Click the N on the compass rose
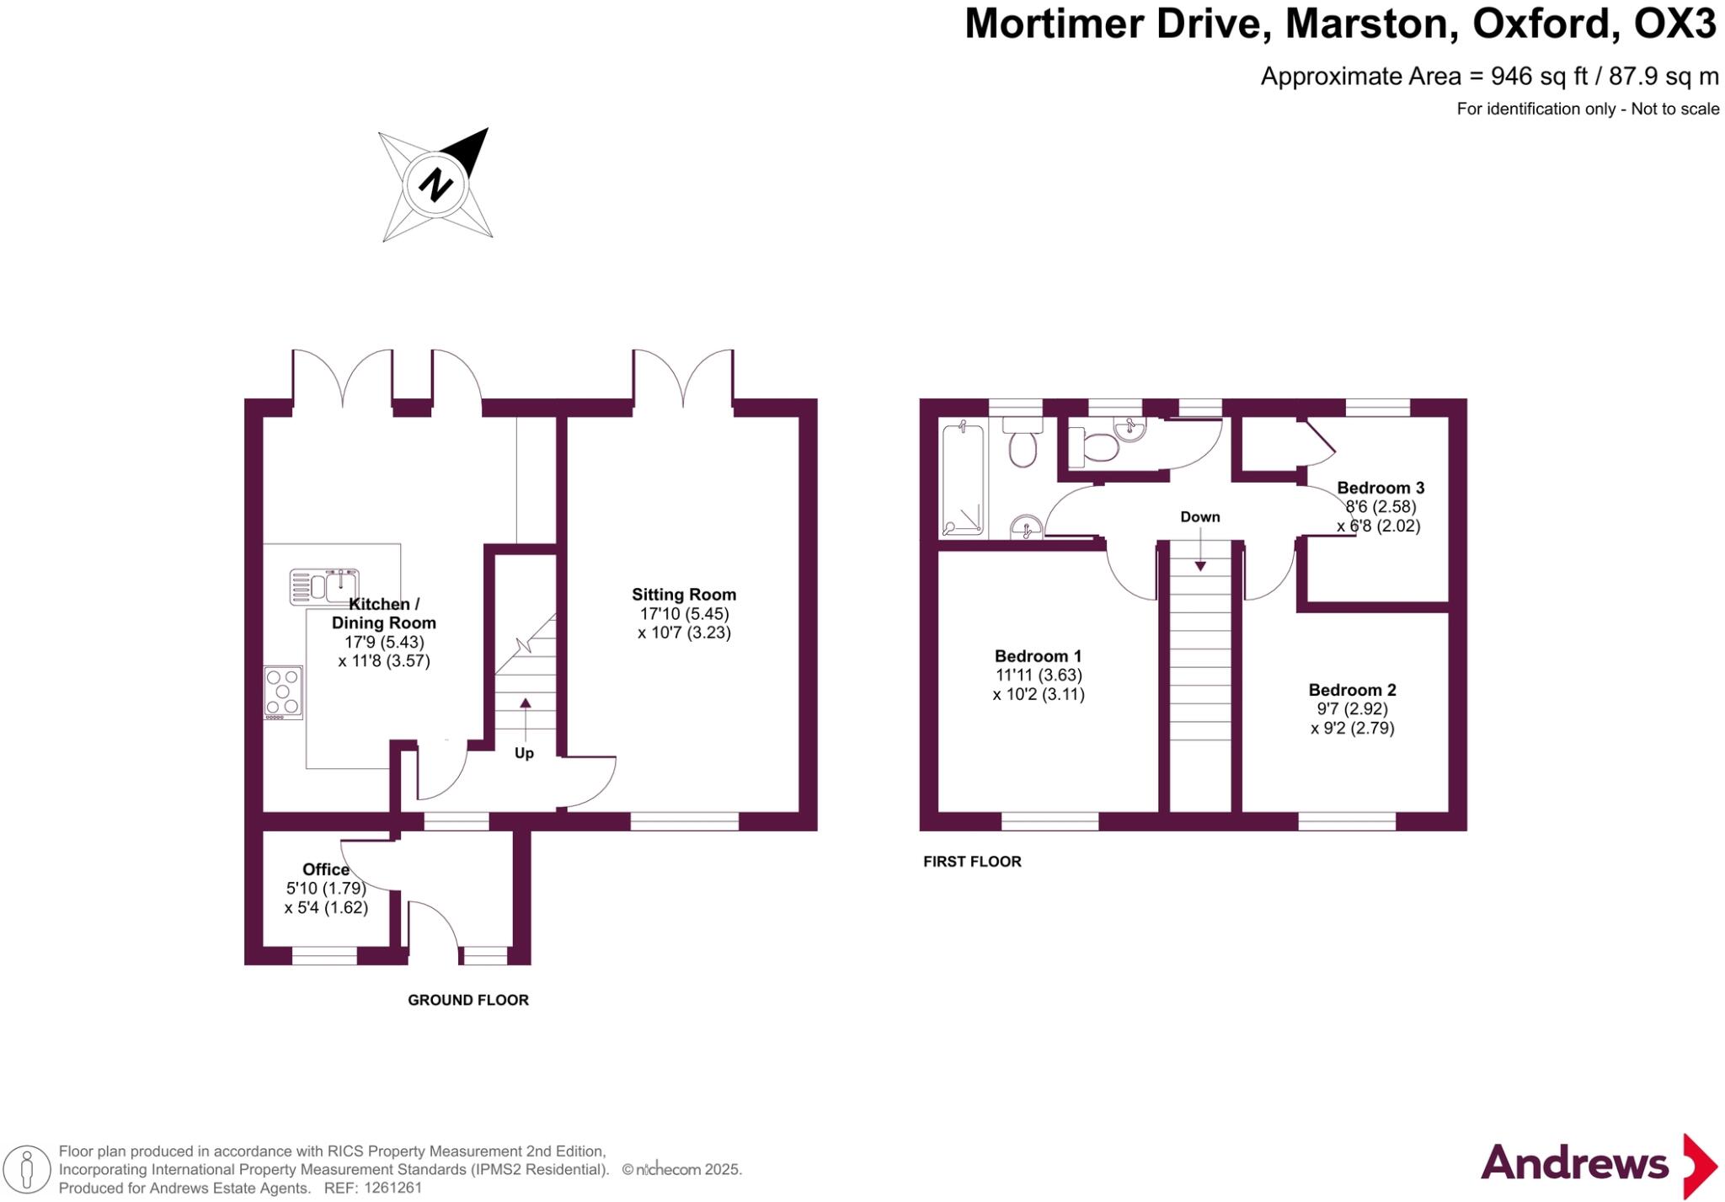[x=435, y=184]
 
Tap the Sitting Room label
[x=684, y=595]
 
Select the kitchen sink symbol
[x=324, y=586]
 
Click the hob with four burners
[x=283, y=692]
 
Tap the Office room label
[x=326, y=869]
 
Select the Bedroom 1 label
[x=1038, y=656]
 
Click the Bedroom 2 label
[x=1352, y=690]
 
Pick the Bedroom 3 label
[x=1381, y=488]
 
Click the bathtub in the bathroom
[x=963, y=480]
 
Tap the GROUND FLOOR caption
[x=468, y=1000]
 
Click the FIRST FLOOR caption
[x=972, y=862]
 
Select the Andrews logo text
[x=1574, y=1163]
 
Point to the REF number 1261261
[x=393, y=1189]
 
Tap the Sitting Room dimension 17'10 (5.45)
[x=684, y=614]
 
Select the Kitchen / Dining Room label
[x=384, y=613]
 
